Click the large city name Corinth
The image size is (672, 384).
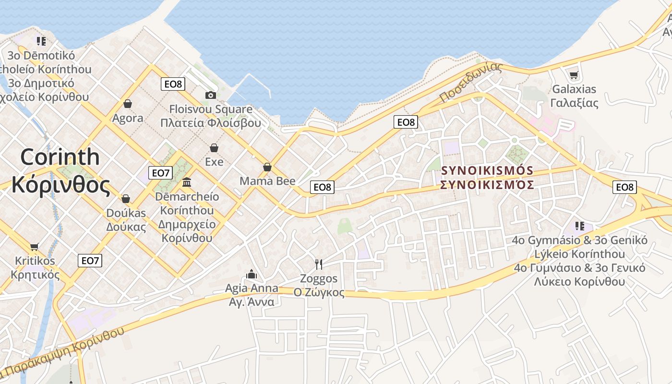tap(60, 157)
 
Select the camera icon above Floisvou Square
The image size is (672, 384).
tap(210, 95)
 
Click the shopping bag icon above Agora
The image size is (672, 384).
tap(128, 104)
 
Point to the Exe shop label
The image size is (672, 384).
tap(214, 162)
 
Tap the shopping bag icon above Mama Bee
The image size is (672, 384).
tap(267, 167)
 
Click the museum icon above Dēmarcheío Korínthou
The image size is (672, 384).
tap(187, 182)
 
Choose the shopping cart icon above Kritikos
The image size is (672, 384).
tap(34, 247)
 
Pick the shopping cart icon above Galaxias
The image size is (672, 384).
tap(574, 75)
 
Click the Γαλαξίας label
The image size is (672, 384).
tap(574, 103)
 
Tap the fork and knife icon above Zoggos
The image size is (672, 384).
tap(318, 264)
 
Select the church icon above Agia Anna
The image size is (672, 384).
tap(252, 274)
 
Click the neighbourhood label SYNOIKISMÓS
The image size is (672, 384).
tap(487, 171)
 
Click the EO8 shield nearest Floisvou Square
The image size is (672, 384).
tap(173, 84)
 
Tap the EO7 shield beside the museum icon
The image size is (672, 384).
tap(160, 173)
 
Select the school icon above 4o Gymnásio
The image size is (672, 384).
tap(580, 226)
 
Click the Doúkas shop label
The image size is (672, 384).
tap(126, 213)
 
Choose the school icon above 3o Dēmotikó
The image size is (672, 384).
tap(41, 41)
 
